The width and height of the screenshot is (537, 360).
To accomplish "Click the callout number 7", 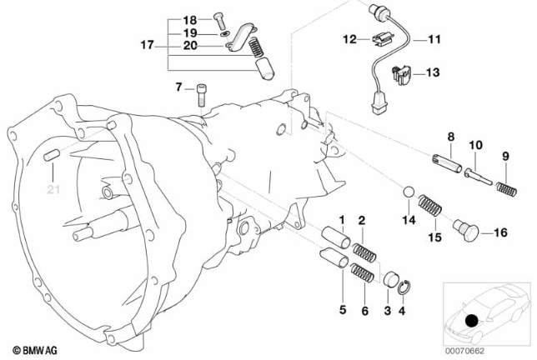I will point(178,87).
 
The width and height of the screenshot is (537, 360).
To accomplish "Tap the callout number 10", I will point(475,145).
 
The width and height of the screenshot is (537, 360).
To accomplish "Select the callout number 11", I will point(434,38).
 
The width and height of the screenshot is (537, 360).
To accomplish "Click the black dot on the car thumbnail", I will point(471,321).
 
